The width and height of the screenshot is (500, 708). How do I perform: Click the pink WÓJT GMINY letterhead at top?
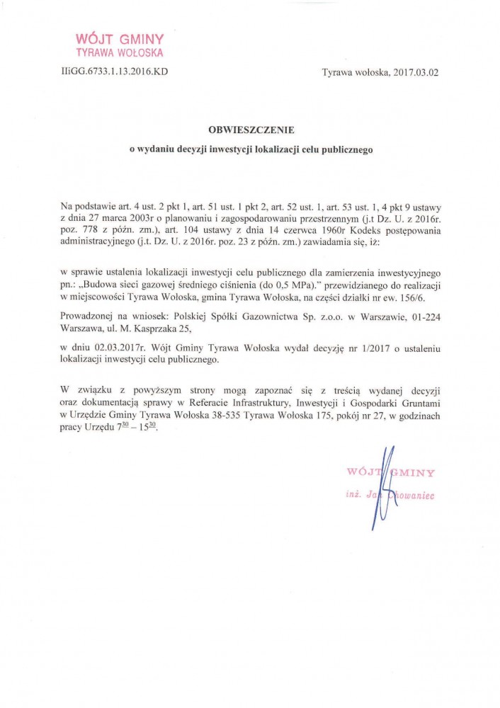click(x=120, y=40)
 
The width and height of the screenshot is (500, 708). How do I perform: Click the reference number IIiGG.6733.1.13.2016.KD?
click(x=115, y=72)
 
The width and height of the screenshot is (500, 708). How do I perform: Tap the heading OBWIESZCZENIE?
click(x=251, y=130)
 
